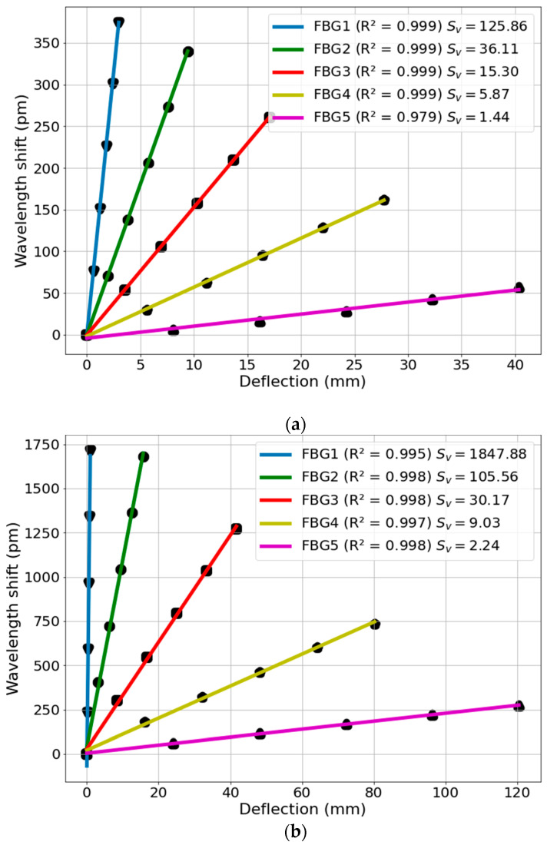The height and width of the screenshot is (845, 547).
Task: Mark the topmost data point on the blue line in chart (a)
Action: [x=118, y=23]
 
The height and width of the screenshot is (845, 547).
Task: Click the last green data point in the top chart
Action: [x=188, y=52]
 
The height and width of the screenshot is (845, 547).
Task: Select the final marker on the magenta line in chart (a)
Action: [x=519, y=287]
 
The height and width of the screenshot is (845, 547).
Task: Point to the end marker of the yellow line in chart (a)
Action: [x=383, y=200]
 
